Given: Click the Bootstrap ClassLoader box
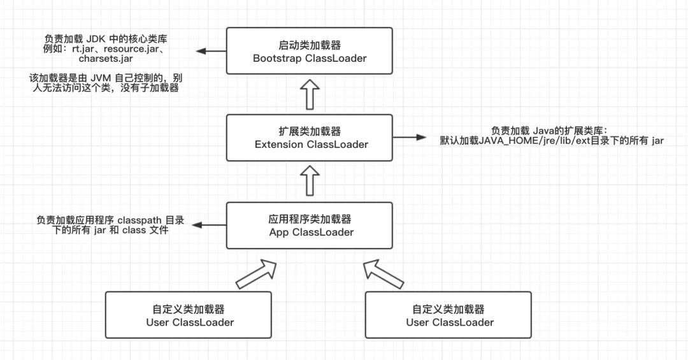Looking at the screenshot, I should click(310, 51).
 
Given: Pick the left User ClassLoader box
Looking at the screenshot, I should click(188, 315).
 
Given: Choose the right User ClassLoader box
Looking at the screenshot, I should click(448, 315).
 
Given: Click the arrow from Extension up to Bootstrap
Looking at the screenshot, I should click(310, 94).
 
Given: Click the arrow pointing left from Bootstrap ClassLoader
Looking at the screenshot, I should click(211, 52).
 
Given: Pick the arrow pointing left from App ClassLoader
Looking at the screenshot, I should click(210, 225).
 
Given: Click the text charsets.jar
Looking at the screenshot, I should click(105, 59).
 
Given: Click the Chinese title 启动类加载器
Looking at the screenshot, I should click(310, 45).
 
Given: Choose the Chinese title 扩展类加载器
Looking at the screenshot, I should click(311, 131).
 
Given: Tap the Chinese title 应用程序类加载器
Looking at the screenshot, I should click(310, 219).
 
